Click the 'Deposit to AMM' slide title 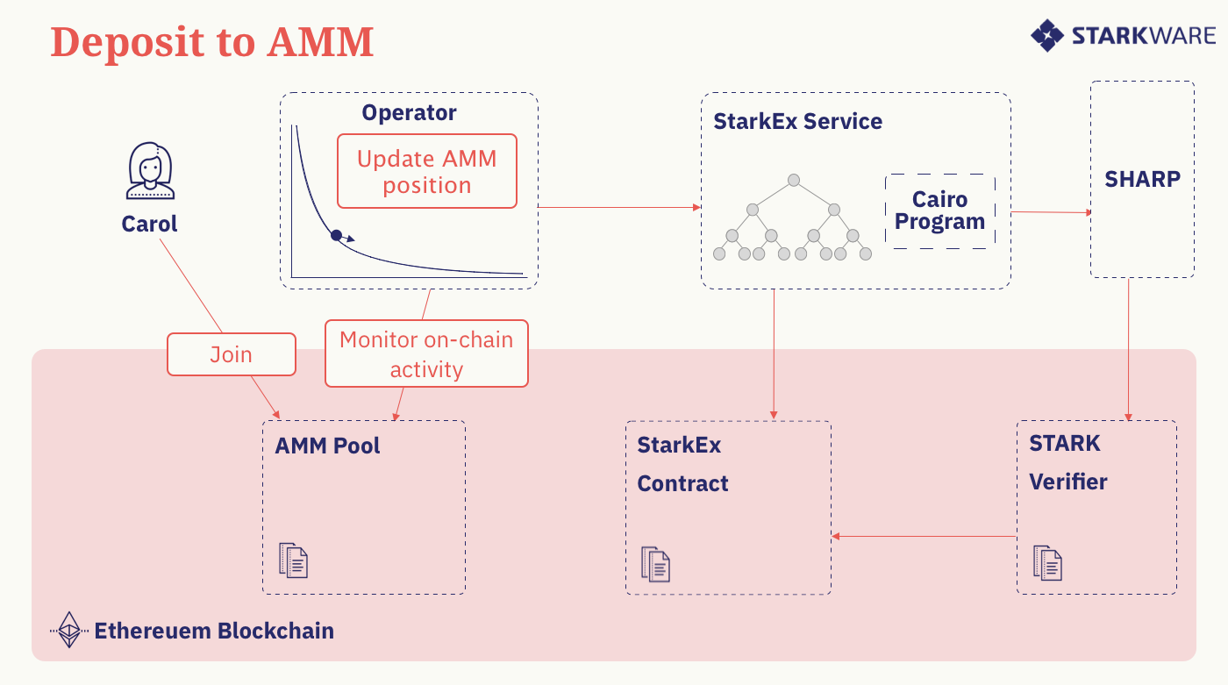[211, 42]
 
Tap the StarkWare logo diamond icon [1047, 36]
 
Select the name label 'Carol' [149, 224]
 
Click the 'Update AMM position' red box [426, 172]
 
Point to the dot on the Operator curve [336, 235]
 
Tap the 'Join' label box [231, 354]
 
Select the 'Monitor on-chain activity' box [426, 354]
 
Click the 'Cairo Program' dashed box [939, 210]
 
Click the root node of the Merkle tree [793, 181]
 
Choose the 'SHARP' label [1142, 179]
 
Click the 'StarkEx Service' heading [797, 121]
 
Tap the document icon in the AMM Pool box [294, 560]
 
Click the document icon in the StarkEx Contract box [655, 564]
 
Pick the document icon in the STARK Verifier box [1047, 562]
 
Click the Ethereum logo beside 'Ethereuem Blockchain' [68, 630]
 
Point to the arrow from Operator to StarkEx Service [618, 208]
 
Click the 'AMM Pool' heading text [327, 446]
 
